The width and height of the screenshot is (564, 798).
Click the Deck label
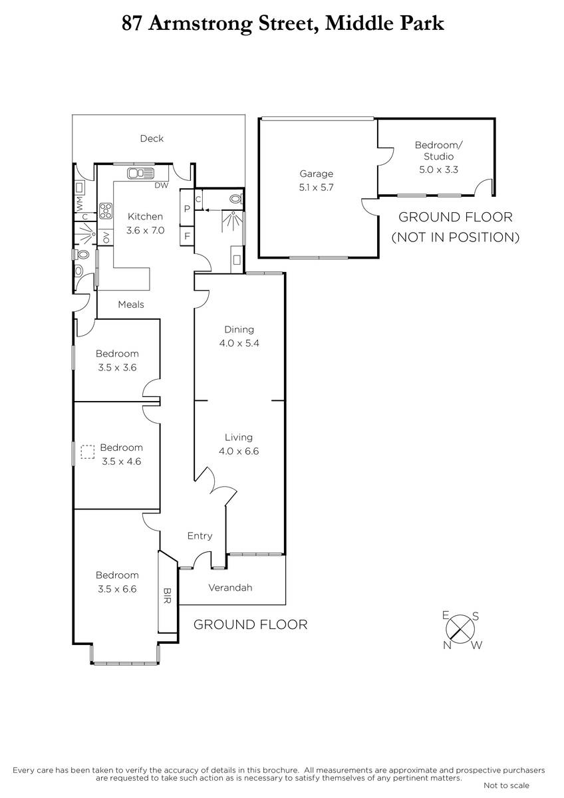click(152, 138)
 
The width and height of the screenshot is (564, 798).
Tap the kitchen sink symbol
click(140, 173)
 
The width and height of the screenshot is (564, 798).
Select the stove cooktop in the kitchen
click(106, 210)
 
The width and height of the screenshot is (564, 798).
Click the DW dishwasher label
click(162, 186)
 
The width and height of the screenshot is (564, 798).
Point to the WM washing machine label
click(79, 203)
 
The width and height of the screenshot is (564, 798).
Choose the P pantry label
click(187, 209)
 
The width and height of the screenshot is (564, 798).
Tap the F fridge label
click(187, 236)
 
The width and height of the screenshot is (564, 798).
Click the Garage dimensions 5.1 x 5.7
click(316, 188)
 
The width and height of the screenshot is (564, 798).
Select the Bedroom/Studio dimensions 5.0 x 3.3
click(438, 170)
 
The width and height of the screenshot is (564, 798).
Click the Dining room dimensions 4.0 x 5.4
click(239, 343)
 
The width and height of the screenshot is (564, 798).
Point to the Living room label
click(239, 437)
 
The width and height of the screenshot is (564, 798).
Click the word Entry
click(200, 536)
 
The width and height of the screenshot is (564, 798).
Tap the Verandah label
click(230, 587)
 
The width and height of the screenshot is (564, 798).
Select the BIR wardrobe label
click(167, 596)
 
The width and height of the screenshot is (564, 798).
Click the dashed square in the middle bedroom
click(87, 452)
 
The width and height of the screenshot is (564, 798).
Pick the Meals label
click(131, 305)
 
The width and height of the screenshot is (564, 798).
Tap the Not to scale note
click(506, 785)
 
